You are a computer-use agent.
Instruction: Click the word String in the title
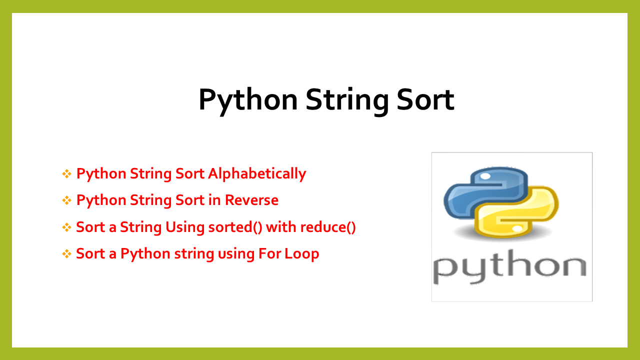click(346, 99)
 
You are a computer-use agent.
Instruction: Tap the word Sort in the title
click(425, 99)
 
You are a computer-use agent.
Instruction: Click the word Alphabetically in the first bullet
click(257, 173)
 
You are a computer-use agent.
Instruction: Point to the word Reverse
click(251, 200)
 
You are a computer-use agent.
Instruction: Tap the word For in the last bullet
click(270, 253)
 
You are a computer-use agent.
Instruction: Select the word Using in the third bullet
click(184, 227)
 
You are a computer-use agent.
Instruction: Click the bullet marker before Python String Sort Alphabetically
click(67, 174)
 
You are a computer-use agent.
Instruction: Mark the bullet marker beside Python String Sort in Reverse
click(67, 200)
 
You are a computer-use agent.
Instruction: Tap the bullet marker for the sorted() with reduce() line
click(67, 227)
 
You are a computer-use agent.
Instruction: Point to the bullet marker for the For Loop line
click(67, 254)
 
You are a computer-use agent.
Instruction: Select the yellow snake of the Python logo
click(520, 215)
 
